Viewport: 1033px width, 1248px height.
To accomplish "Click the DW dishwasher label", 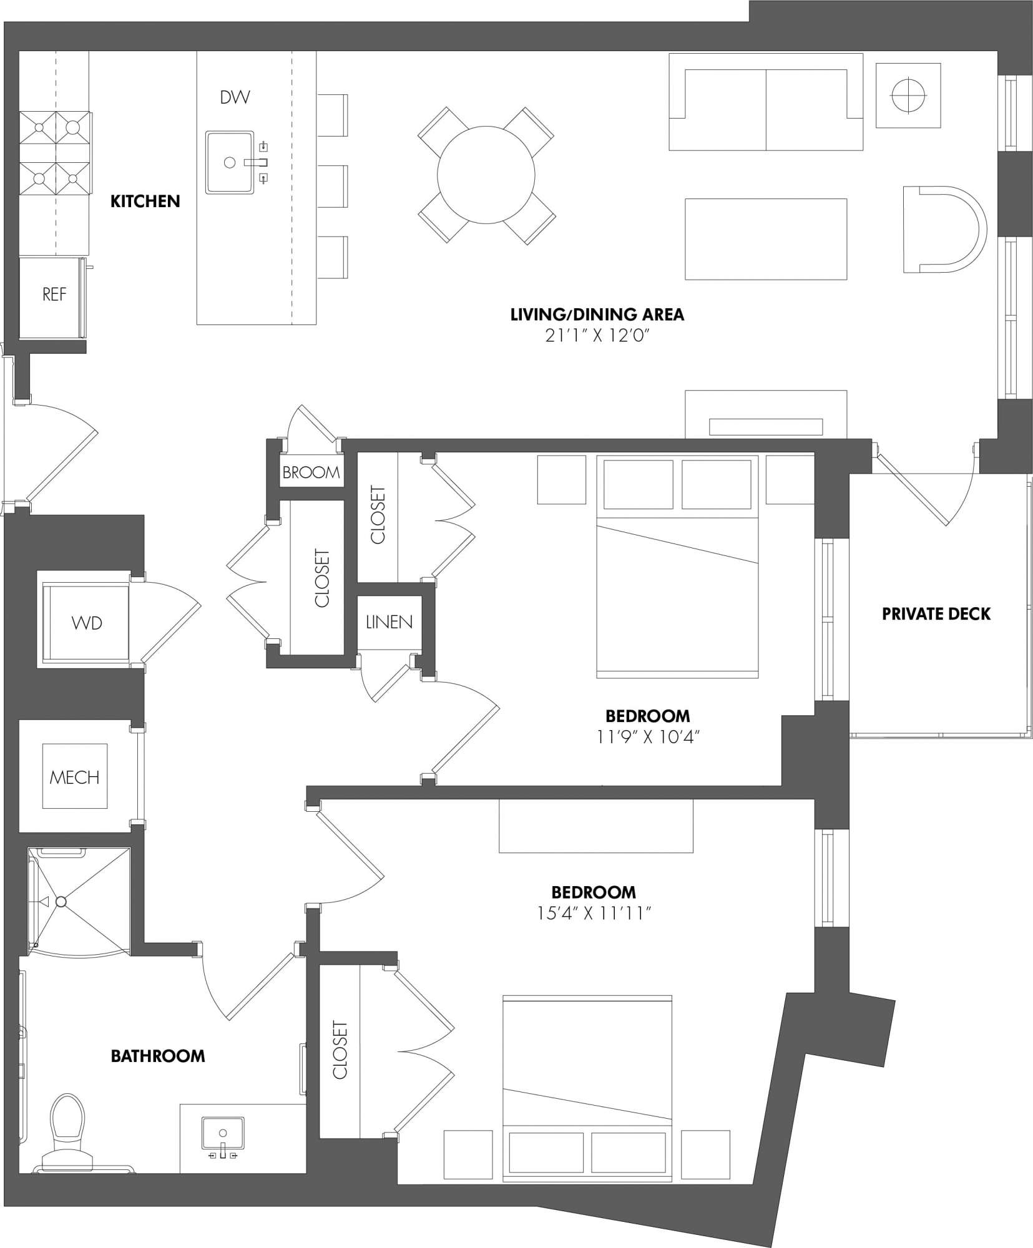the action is coord(235,97).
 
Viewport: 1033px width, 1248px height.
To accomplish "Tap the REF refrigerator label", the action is coord(54,295).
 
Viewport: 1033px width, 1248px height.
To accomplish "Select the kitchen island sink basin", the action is coord(230,162).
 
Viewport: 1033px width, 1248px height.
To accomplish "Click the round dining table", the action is coord(486,175).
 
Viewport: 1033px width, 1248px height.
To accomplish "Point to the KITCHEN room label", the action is coord(145,201).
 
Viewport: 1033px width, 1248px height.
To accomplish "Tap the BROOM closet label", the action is coord(311,472).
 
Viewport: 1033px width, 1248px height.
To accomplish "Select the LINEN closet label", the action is coord(389,622).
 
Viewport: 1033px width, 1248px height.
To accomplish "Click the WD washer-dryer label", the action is coord(87,623).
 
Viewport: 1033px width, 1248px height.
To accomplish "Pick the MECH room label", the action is coord(74,777).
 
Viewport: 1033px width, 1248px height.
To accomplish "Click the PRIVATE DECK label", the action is coord(936,614).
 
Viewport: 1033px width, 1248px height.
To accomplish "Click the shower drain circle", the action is coord(61,902).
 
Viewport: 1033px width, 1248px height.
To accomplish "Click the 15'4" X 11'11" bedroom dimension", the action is coord(594,914).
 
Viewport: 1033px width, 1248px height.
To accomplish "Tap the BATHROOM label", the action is coord(158,1056).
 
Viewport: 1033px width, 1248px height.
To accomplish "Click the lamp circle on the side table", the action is coord(908,95).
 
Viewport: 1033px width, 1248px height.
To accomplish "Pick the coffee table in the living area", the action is coord(766,239).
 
